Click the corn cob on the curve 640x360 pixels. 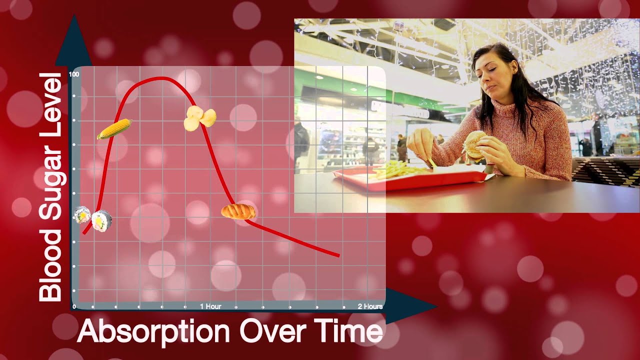point(114,129)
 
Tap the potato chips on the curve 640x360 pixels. point(200,118)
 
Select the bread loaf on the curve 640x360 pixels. point(238,211)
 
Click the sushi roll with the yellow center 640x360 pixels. point(102,220)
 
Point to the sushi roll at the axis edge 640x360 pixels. point(81,215)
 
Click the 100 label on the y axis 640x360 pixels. point(74,74)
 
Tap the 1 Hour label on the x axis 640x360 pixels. point(210,306)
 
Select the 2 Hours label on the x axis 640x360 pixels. point(370,306)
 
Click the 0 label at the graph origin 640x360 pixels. point(74,306)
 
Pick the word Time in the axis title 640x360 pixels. point(350,330)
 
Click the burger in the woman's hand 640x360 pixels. point(473,145)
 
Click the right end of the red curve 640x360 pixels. point(338,255)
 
